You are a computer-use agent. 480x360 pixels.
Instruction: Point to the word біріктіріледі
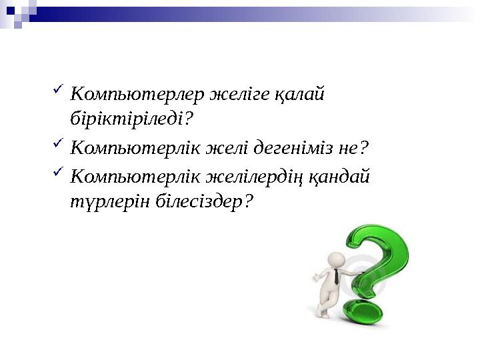[x=129, y=119]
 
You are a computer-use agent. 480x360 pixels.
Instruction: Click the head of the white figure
[x=337, y=259]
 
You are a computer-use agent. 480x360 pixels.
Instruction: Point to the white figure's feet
[x=323, y=313]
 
